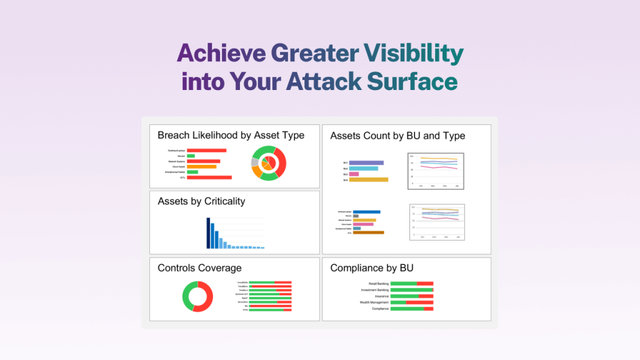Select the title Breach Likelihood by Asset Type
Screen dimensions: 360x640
[231, 135]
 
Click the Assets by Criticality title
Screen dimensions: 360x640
[201, 201]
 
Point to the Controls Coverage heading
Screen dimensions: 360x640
[199, 268]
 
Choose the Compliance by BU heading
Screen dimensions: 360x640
[372, 268]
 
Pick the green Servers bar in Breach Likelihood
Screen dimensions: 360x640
[191, 156]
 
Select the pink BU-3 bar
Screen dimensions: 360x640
[354, 174]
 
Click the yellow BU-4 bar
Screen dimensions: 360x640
[368, 180]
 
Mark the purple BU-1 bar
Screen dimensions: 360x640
[366, 163]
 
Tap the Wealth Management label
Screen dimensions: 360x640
[374, 302]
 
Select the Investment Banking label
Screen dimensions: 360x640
[374, 290]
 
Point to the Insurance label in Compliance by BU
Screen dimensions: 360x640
[381, 296]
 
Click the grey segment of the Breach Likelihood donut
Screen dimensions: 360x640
[254, 162]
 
